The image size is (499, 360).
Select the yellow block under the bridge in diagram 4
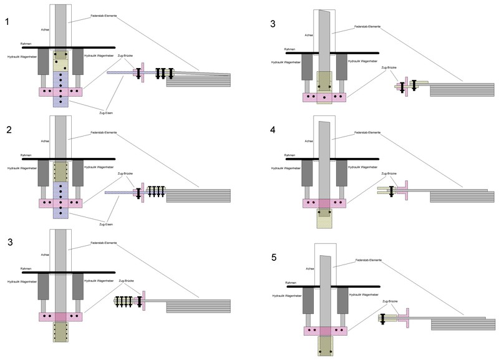[324, 218]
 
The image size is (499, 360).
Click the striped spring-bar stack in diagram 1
[198, 80]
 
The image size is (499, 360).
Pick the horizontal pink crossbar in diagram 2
[61, 203]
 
